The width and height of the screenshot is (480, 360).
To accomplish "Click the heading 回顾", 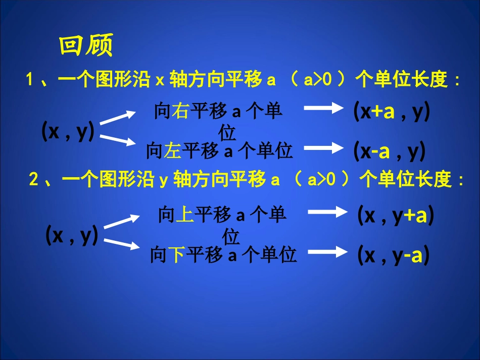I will [x=86, y=46].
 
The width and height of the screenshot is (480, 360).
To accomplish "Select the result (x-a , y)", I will [x=389, y=150].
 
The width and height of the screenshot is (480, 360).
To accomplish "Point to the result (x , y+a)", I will [x=396, y=216].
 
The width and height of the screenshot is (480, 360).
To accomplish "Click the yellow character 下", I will [x=176, y=255].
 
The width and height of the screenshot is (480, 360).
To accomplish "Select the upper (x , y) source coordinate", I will [x=68, y=132].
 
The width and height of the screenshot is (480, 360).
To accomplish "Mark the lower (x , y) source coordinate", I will [x=72, y=235].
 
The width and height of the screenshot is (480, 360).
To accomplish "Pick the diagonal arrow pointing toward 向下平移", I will [x=122, y=244].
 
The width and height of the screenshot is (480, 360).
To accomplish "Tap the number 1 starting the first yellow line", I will [x=30, y=80].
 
